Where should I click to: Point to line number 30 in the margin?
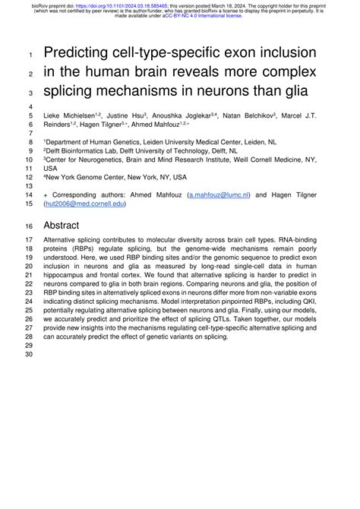(30, 354)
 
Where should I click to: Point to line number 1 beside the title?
(29, 54)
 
